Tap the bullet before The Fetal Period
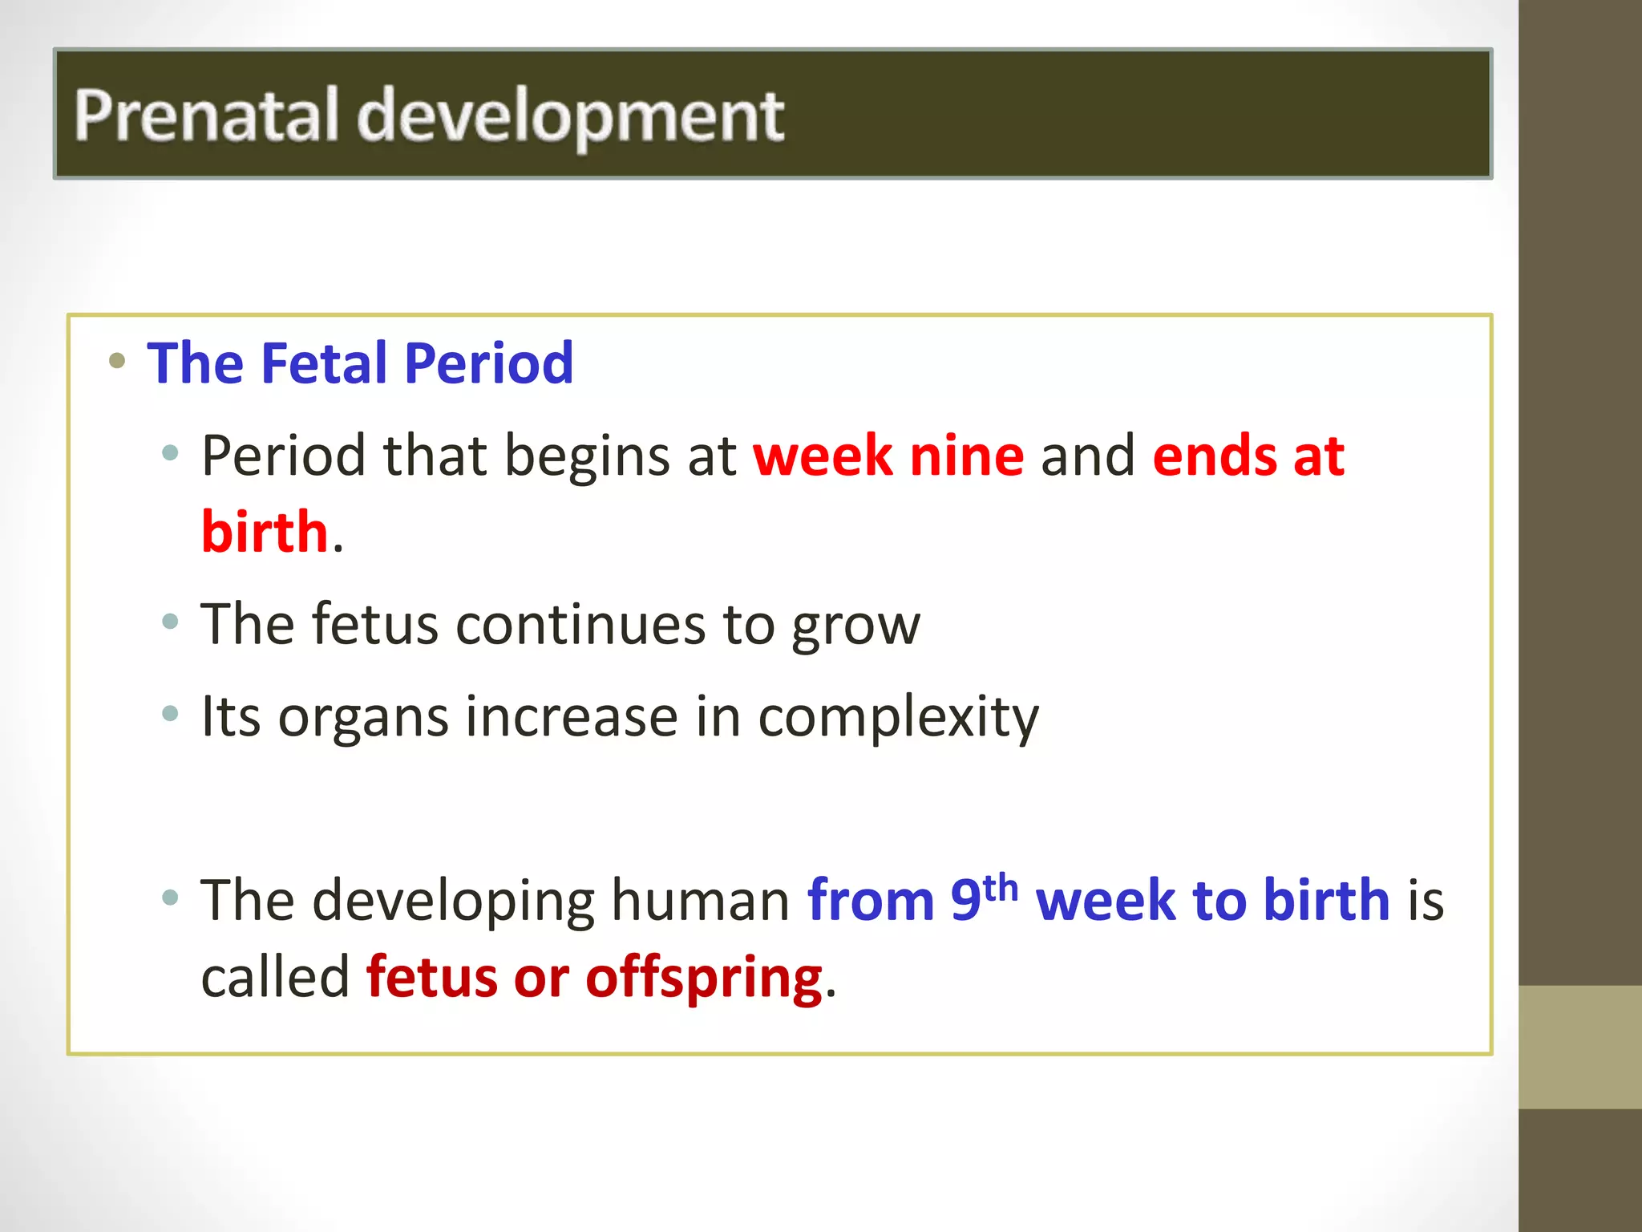[x=117, y=360]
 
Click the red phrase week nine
[x=888, y=456]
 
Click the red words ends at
[x=1248, y=456]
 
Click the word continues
[x=581, y=624]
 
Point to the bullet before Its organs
[x=169, y=713]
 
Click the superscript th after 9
[x=1000, y=888]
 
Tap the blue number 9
[x=965, y=900]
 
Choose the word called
[x=275, y=977]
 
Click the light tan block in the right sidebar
[x=1579, y=1047]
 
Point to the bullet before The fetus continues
[x=169, y=621]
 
